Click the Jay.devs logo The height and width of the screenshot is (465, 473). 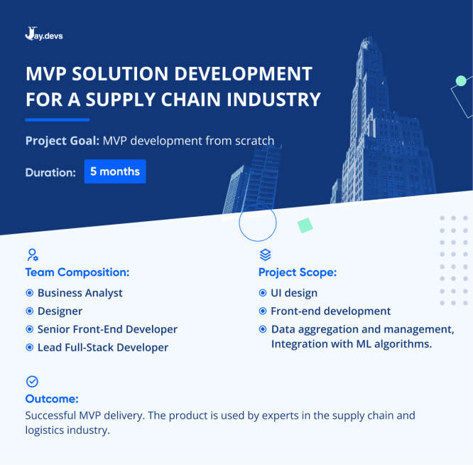coord(43,33)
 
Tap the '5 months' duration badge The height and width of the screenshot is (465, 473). coord(115,171)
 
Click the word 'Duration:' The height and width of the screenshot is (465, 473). coord(50,172)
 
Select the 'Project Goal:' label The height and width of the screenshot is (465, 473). coord(62,141)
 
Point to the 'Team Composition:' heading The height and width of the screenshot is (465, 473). coord(77,272)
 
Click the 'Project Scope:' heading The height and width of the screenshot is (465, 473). coord(298,272)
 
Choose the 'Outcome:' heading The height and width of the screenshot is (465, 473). coord(52,399)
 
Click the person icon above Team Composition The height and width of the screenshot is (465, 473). coord(32,255)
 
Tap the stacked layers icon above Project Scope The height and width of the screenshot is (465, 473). coord(265,255)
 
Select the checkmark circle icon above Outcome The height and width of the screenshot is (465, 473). coord(32,382)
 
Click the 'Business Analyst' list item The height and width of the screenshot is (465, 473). coord(80,293)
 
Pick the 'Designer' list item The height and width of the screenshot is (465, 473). coord(60,311)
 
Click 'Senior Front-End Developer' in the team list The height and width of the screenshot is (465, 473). coord(107,329)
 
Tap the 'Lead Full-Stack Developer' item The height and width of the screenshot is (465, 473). coord(103,348)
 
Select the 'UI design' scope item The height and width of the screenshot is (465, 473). coord(293,293)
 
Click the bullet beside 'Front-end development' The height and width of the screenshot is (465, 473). coord(263,311)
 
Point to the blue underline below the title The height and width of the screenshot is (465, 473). coord(57,119)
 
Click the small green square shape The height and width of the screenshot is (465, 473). coord(305,225)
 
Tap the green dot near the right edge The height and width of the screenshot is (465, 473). coord(461,81)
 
